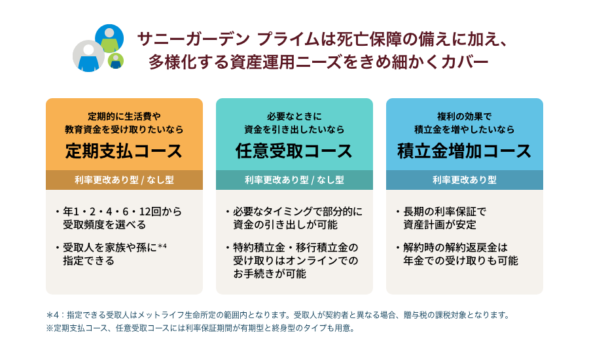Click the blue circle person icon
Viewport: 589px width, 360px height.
point(109,39)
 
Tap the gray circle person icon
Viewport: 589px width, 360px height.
point(88,56)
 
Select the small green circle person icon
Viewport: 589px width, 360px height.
point(116,60)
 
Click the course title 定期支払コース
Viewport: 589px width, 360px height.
point(124,151)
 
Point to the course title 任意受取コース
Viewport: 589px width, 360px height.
point(294,151)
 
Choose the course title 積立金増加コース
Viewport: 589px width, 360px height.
point(464,151)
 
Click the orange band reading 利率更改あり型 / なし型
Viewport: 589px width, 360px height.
point(124,180)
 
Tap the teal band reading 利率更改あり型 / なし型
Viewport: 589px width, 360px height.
point(294,180)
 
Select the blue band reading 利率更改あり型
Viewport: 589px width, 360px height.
point(465,180)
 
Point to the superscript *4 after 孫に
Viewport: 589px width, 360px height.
point(162,246)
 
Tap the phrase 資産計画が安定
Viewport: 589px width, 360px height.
point(440,225)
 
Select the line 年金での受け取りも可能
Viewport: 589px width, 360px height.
point(461,261)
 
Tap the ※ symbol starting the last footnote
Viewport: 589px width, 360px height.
point(50,328)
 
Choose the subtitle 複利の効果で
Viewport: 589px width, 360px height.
point(464,117)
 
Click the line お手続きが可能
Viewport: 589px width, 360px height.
point(270,274)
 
